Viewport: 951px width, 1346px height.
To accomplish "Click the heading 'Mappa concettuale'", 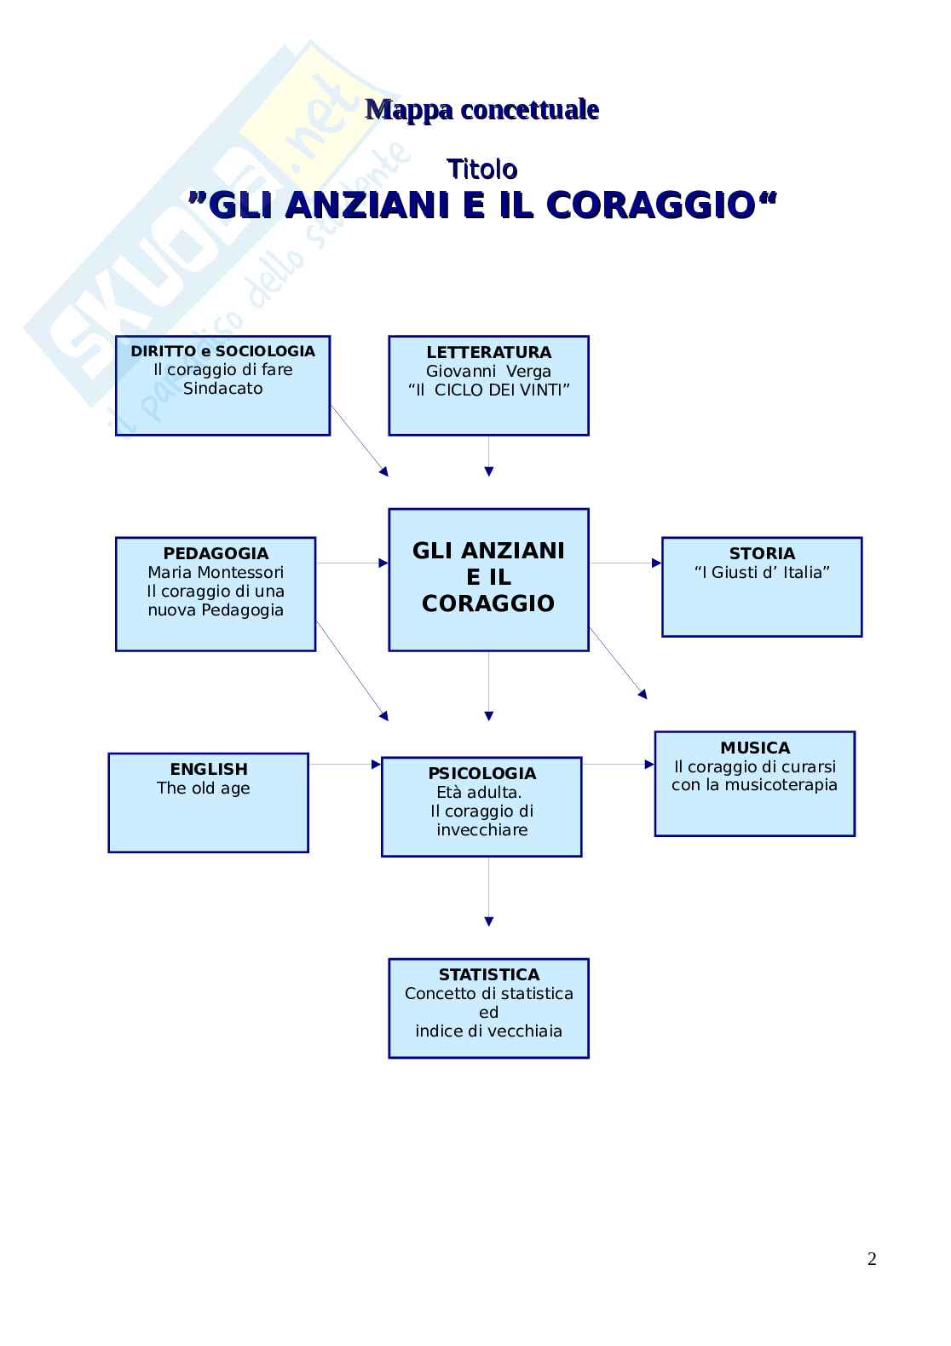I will tap(481, 110).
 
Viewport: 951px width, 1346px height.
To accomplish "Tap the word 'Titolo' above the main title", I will tap(481, 169).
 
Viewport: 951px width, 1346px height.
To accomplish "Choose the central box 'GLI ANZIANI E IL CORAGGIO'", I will tap(488, 579).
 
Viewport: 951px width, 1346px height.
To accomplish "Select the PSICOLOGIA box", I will tap(481, 806).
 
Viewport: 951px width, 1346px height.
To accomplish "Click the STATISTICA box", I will tap(488, 1008).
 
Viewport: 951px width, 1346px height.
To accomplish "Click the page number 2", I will tap(872, 1259).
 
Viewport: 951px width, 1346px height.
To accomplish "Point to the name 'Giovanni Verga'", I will tap(488, 371).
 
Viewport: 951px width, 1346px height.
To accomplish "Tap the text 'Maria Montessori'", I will tap(216, 572).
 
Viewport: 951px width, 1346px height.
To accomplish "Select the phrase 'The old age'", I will tap(204, 788).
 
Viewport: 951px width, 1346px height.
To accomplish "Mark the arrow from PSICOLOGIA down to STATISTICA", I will tap(488, 891).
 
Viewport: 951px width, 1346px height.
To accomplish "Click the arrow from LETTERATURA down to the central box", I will tap(488, 456).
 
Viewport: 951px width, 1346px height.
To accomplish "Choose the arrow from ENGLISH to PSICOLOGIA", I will tap(344, 764).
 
